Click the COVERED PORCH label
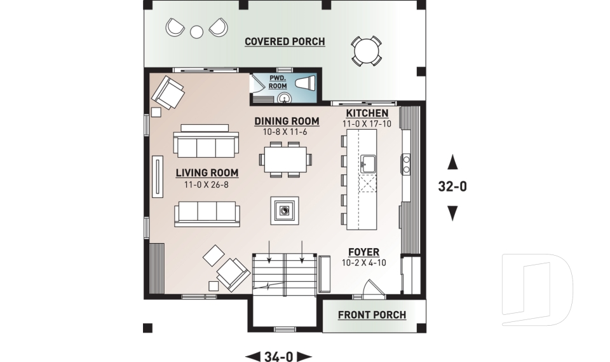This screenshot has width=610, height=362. [x=285, y=42]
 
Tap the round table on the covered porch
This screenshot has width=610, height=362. [x=367, y=50]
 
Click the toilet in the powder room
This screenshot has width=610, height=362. [x=306, y=83]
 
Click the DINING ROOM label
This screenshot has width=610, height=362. [x=287, y=121]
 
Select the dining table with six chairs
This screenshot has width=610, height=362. [x=287, y=158]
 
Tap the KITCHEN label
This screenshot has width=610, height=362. [x=367, y=113]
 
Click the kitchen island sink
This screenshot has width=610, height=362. [x=367, y=164]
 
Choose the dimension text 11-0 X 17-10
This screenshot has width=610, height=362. [x=367, y=124]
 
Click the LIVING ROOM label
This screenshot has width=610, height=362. [x=207, y=172]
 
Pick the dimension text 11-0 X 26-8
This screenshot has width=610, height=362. [x=207, y=184]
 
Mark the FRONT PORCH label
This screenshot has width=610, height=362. [x=372, y=315]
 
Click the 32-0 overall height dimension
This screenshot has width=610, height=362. [x=452, y=187]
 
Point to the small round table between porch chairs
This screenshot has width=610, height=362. [x=197, y=30]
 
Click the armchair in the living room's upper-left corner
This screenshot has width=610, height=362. [x=168, y=92]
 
